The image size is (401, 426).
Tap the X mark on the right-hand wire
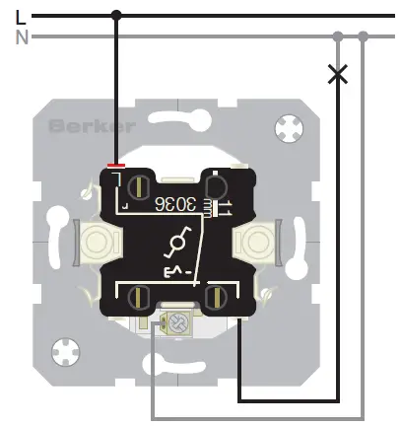pyautogui.click(x=338, y=74)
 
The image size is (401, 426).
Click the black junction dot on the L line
pyautogui.click(x=116, y=15)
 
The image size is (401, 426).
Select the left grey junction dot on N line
pyautogui.click(x=338, y=36)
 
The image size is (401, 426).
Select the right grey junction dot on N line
pyautogui.click(x=364, y=36)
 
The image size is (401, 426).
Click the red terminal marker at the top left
pyautogui.click(x=115, y=165)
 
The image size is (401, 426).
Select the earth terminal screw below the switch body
pyautogui.click(x=178, y=319)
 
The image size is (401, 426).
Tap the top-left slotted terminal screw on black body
pyautogui.click(x=139, y=185)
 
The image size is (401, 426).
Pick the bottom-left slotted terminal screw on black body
pyautogui.click(x=139, y=294)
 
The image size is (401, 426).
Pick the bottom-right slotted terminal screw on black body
pyautogui.click(x=214, y=294)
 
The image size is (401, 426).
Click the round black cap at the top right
pyautogui.click(x=215, y=184)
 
